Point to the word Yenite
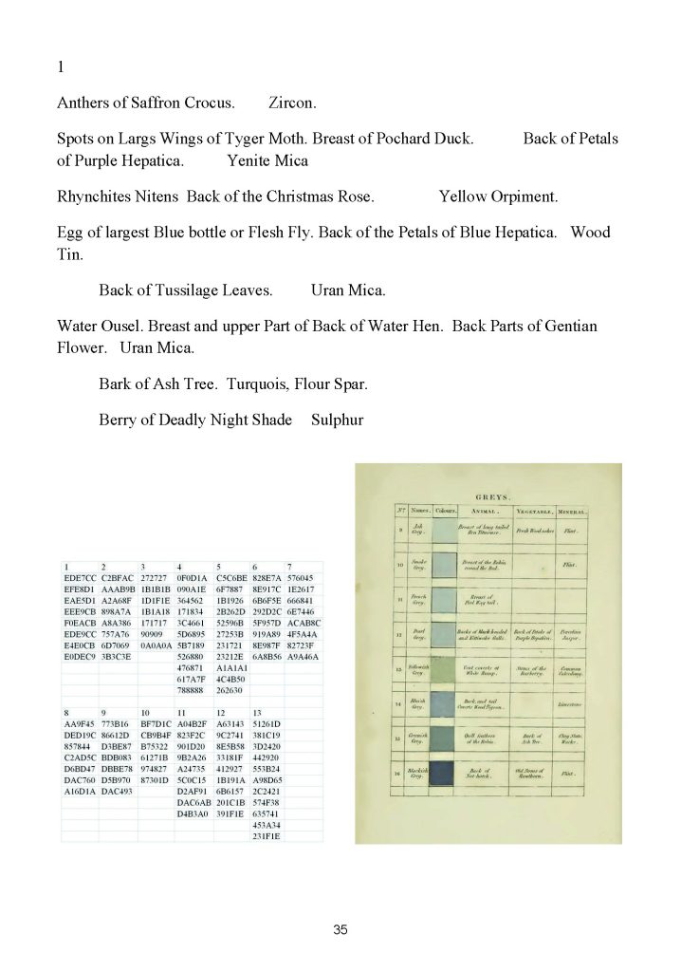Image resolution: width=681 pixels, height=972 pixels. pyautogui.click(x=249, y=160)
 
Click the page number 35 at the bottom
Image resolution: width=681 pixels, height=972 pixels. pyautogui.click(x=340, y=930)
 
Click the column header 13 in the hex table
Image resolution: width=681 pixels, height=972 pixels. pyautogui.click(x=258, y=737)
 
